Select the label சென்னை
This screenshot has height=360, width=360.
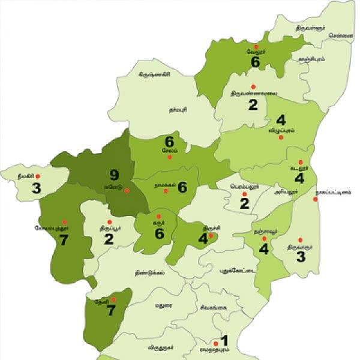click(x=340, y=35)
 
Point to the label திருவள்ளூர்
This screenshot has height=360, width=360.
click(x=313, y=27)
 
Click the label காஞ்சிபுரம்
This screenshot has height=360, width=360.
click(x=311, y=59)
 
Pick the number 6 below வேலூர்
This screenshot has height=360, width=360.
click(x=256, y=62)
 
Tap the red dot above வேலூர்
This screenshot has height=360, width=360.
click(x=256, y=46)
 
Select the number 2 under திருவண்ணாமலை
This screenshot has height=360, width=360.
click(x=253, y=105)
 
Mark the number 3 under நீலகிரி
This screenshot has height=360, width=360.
click(x=37, y=188)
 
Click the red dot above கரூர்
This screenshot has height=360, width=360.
click(x=159, y=216)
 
